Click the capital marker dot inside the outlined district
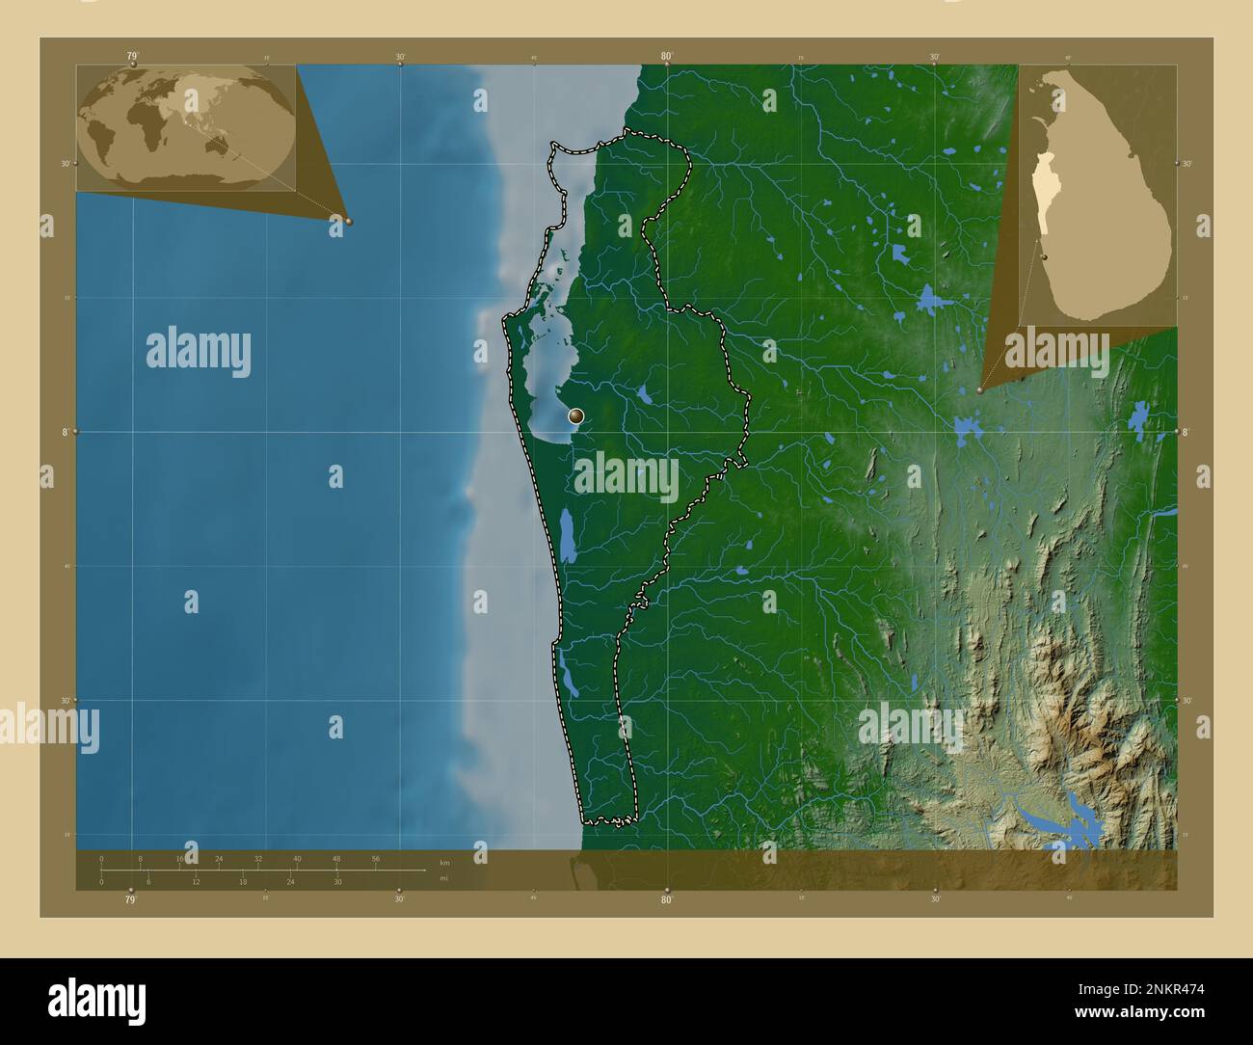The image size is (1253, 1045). tap(576, 416)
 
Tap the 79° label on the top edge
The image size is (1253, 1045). tap(132, 56)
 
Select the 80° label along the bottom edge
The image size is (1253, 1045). tap(667, 900)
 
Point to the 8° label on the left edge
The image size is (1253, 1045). tap(66, 432)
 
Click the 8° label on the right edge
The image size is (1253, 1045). tap(1186, 432)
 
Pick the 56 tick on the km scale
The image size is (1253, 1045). tap(375, 858)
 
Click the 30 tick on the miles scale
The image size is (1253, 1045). tap(337, 881)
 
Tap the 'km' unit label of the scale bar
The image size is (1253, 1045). tap(444, 862)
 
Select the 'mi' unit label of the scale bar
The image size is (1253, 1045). tap(443, 878)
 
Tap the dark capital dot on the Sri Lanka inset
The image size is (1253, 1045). tap(1044, 257)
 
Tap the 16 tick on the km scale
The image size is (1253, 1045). tap(180, 858)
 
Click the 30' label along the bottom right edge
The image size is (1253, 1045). tap(934, 900)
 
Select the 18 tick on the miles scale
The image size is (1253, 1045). tap(243, 881)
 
